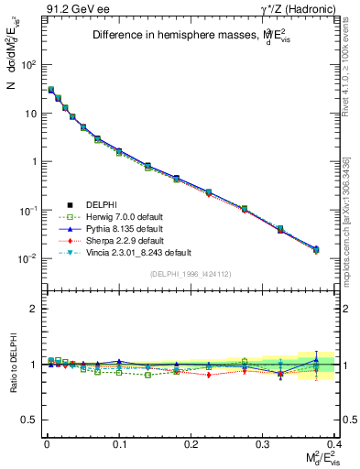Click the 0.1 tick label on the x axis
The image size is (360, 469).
[x=118, y=444]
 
